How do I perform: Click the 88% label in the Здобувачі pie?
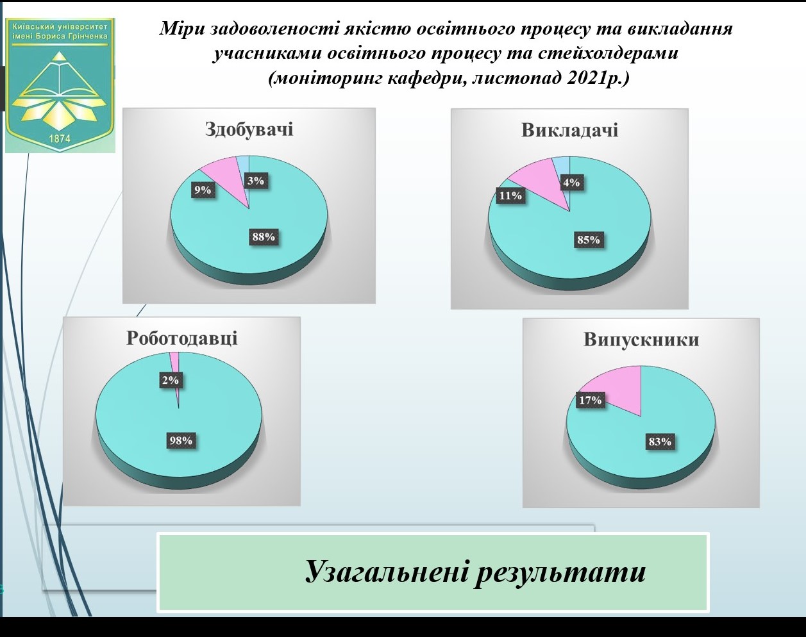pyautogui.click(x=264, y=237)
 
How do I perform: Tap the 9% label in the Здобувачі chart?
pyautogui.click(x=203, y=190)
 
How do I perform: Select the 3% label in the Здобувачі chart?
pyautogui.click(x=255, y=181)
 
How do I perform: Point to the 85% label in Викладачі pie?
pyautogui.click(x=588, y=240)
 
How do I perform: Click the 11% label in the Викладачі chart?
pyautogui.click(x=510, y=195)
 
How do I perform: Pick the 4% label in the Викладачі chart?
pyautogui.click(x=571, y=183)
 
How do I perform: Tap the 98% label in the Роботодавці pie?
pyautogui.click(x=180, y=440)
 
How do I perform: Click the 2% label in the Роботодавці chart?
pyautogui.click(x=170, y=380)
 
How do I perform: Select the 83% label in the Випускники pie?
pyautogui.click(x=659, y=442)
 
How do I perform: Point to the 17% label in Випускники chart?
pyautogui.click(x=590, y=401)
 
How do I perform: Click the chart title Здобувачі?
pyautogui.click(x=249, y=129)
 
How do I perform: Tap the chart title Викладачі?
pyautogui.click(x=569, y=130)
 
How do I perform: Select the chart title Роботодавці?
pyautogui.click(x=181, y=338)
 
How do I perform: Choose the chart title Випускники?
pyautogui.click(x=641, y=339)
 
